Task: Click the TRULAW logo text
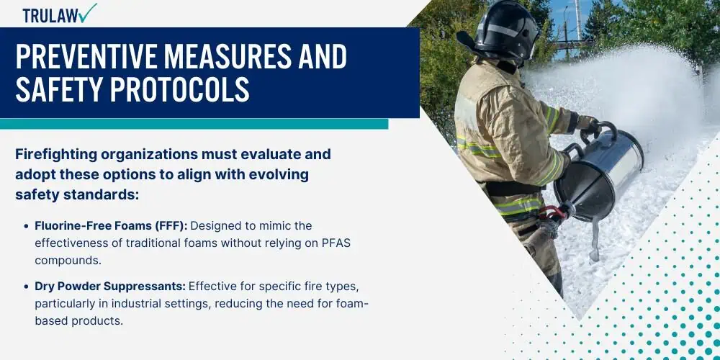50,16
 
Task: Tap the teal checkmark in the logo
88,12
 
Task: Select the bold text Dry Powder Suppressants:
110,286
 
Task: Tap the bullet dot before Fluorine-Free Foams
26,226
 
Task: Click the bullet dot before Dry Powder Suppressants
26,287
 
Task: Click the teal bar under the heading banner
194,124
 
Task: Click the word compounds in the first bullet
66,261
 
